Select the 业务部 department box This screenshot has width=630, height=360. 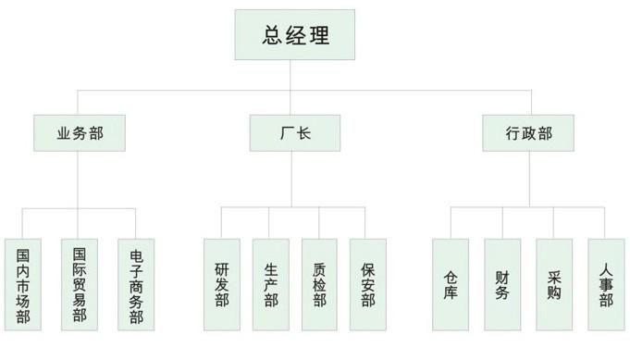click(80, 133)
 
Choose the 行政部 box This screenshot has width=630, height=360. click(529, 133)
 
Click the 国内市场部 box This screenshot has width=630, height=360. click(22, 285)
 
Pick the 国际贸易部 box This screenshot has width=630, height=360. click(80, 285)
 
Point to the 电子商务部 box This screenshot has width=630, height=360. click(136, 285)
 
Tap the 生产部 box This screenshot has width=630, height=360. click(270, 285)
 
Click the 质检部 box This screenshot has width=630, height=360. click(319, 285)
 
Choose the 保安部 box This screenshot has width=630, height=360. click(367, 285)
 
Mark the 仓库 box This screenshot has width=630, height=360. click(451, 285)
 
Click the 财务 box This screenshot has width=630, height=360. click(502, 285)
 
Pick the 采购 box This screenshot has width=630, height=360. click(554, 285)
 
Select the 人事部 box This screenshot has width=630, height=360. click(606, 285)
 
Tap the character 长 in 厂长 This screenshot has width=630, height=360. click(303, 133)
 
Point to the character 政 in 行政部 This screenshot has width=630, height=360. click(529, 133)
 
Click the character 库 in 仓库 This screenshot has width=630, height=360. click(451, 294)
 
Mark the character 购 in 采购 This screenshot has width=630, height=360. click(554, 294)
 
